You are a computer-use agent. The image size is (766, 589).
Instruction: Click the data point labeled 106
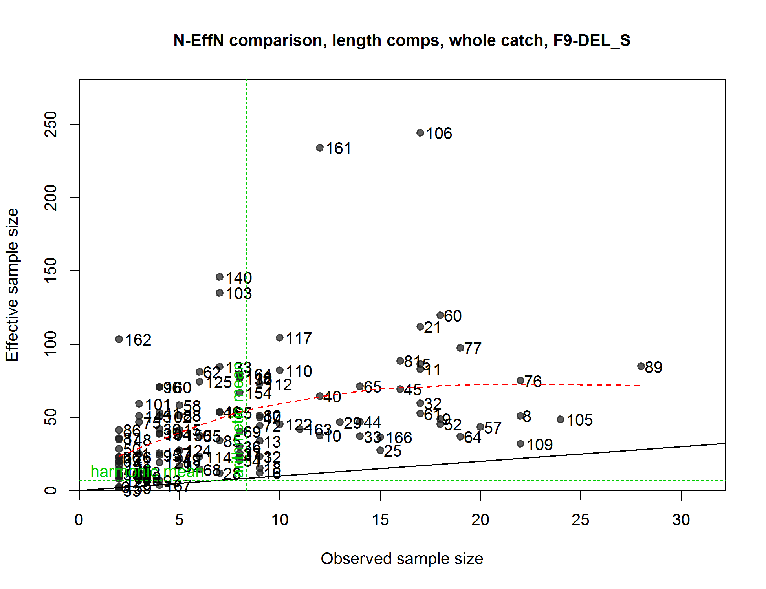[x=420, y=133]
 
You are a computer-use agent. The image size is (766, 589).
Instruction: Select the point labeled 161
[x=320, y=148]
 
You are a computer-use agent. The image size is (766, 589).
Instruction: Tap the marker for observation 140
[x=220, y=277]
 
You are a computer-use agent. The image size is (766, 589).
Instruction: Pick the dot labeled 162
[x=119, y=339]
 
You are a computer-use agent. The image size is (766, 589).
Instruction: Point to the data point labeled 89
[x=641, y=366]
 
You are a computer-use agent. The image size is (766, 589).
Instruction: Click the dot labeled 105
[x=561, y=419]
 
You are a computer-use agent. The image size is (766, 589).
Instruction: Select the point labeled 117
[x=280, y=338]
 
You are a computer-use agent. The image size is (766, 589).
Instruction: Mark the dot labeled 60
[x=440, y=315]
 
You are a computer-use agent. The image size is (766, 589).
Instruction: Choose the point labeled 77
[x=460, y=348]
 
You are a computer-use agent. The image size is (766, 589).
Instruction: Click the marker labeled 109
[x=520, y=444]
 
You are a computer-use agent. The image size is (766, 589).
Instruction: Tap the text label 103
[x=239, y=294]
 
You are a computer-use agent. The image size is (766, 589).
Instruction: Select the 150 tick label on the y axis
[x=51, y=271]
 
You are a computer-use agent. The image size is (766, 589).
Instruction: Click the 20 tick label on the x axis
[x=480, y=520]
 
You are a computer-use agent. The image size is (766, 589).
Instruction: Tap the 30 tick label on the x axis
[x=681, y=520]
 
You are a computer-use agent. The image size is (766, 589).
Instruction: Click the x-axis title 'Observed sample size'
[x=402, y=559]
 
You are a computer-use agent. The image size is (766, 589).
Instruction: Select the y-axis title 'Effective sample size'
[x=12, y=285]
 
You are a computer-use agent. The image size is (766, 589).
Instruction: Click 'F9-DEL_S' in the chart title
[x=592, y=40]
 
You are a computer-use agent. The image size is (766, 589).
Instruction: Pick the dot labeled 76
[x=520, y=380]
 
